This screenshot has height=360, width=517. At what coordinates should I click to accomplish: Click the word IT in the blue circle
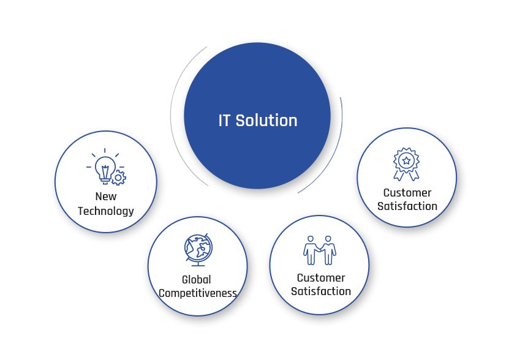click(x=224, y=121)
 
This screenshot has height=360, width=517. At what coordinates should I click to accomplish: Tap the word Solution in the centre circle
click(x=266, y=121)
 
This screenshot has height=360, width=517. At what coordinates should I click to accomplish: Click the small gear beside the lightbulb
click(x=119, y=178)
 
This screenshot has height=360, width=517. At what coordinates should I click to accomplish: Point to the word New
click(x=106, y=197)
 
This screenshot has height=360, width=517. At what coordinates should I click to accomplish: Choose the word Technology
click(x=106, y=211)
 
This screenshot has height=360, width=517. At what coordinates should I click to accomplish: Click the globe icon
click(x=198, y=250)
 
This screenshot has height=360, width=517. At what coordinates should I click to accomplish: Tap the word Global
click(x=197, y=280)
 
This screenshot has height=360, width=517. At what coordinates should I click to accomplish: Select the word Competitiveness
click(x=198, y=293)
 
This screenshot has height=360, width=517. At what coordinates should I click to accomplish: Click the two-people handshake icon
click(x=320, y=250)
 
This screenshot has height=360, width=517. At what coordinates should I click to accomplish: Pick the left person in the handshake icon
click(x=311, y=250)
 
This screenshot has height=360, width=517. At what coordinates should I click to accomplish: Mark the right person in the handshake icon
click(x=328, y=250)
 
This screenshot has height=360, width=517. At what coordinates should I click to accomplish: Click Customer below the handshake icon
click(x=321, y=278)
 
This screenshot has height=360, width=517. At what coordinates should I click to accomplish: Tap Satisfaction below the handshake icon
click(x=321, y=291)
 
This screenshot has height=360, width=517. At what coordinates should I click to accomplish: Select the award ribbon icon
click(x=406, y=164)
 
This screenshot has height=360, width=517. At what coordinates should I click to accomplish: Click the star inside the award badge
click(x=407, y=161)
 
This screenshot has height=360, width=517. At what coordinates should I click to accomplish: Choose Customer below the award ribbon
click(x=407, y=193)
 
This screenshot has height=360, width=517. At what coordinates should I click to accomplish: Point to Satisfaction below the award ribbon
click(x=407, y=206)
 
